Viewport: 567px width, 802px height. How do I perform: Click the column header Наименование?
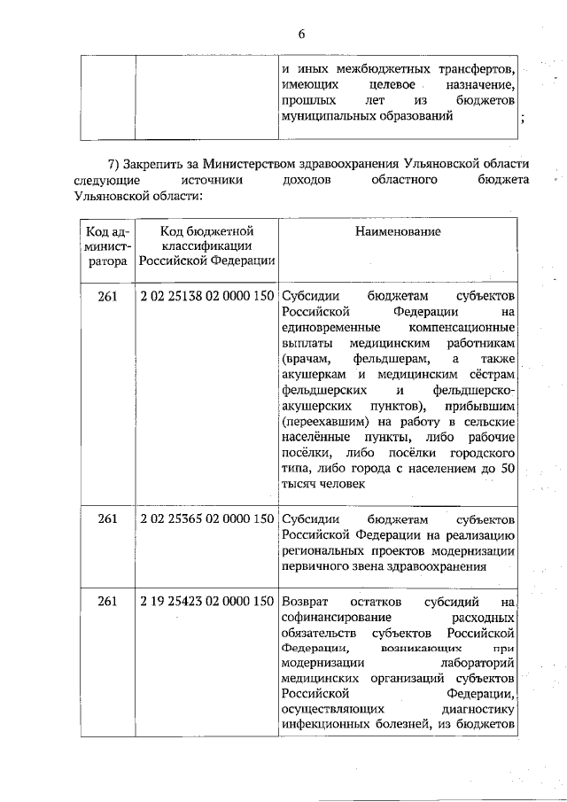[398, 231]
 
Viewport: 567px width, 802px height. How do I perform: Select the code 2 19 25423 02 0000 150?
[207, 603]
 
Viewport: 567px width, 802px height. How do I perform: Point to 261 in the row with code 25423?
[107, 603]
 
